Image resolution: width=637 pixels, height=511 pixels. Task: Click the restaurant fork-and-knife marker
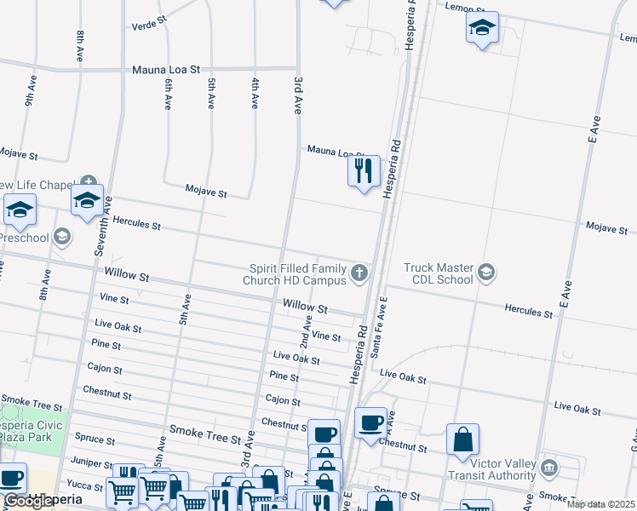364,171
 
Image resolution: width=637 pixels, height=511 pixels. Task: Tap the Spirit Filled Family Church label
294,274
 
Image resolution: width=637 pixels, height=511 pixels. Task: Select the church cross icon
359,273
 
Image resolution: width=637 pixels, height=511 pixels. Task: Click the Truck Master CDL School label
438,273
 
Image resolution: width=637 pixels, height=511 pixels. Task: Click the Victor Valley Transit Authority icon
548,467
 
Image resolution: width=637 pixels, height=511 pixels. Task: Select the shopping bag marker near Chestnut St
462,439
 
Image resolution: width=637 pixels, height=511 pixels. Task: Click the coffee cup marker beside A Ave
370,422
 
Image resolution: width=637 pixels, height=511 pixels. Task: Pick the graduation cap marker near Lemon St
482,28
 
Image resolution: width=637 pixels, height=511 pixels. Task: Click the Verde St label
150,26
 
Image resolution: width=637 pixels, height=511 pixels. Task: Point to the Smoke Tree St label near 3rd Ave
205,438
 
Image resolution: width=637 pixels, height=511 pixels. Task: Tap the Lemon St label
464,6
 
